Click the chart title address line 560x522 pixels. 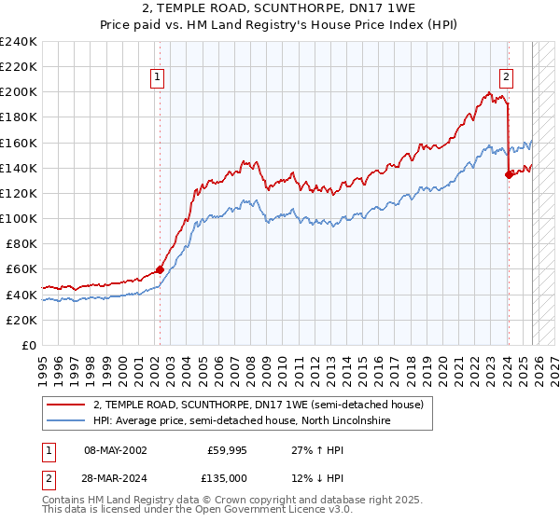coord(281,8)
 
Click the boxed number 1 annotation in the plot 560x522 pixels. coord(158,77)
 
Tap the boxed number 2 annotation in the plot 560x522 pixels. coord(506,77)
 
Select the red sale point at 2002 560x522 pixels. coord(160,269)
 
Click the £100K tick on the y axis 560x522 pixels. coord(18,218)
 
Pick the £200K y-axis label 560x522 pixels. coord(18,92)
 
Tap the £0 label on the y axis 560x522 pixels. coord(27,345)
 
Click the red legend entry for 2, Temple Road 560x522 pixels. coord(259,405)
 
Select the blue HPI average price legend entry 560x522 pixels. coord(240,421)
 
